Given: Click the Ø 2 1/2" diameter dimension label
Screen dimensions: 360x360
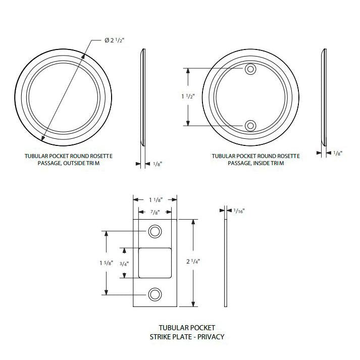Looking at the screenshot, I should [115, 40].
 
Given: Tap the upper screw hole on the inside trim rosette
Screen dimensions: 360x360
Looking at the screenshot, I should [250, 69].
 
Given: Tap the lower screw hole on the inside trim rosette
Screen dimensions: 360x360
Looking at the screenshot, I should [250, 125].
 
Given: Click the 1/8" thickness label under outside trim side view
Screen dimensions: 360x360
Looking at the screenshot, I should [157, 164].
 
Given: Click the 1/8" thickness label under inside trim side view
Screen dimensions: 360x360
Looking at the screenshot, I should [337, 153].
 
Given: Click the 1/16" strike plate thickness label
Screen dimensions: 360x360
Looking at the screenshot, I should [239, 211].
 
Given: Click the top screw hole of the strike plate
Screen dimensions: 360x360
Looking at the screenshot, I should [155, 231].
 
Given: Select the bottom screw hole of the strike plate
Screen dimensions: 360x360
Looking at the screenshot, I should [155, 294].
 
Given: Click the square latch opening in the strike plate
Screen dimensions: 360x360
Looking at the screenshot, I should [155, 263].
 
